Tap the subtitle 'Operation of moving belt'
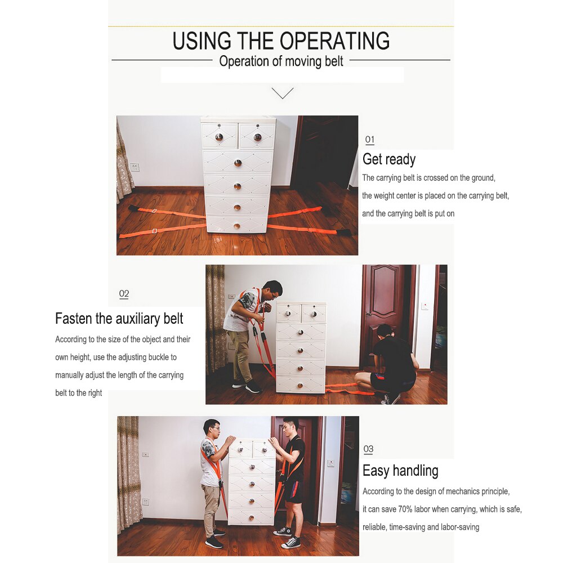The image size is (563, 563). click(x=281, y=61)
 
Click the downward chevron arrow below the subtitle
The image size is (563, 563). click(x=282, y=93)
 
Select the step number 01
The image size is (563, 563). click(x=369, y=140)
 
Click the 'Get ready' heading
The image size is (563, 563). click(x=389, y=159)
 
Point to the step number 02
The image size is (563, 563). click(x=124, y=294)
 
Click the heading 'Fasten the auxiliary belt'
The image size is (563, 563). click(x=119, y=319)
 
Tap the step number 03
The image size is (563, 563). click(x=368, y=449)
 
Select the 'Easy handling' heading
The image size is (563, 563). click(x=400, y=471)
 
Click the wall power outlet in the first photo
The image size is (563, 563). click(x=135, y=167)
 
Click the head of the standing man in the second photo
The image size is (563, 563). click(x=272, y=291)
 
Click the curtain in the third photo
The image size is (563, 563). click(x=128, y=473)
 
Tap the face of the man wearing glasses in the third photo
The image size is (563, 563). click(x=212, y=430)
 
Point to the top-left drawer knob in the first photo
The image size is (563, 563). click(x=219, y=137)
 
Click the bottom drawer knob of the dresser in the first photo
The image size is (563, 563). click(x=237, y=226)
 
